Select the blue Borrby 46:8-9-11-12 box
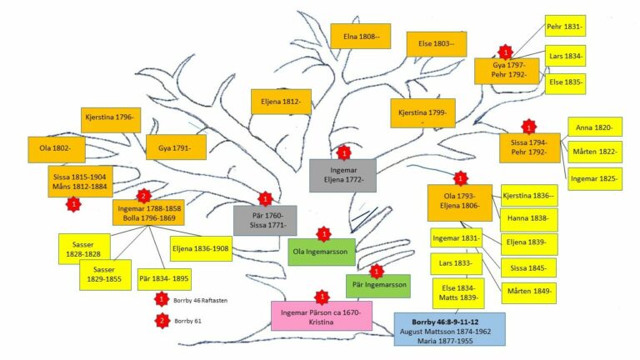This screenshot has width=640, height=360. [x=450, y=329]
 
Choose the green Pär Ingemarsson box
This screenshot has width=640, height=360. [x=378, y=286]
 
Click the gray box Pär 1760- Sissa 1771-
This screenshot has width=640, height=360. [x=265, y=220]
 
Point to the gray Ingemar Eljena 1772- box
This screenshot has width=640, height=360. [x=342, y=175]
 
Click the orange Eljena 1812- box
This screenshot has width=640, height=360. [x=281, y=102]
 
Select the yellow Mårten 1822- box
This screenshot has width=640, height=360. [x=595, y=152]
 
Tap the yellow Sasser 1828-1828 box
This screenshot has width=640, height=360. [x=84, y=247]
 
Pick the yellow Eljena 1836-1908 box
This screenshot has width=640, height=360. [x=199, y=247]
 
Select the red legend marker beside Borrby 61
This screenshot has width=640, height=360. [x=162, y=320]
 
